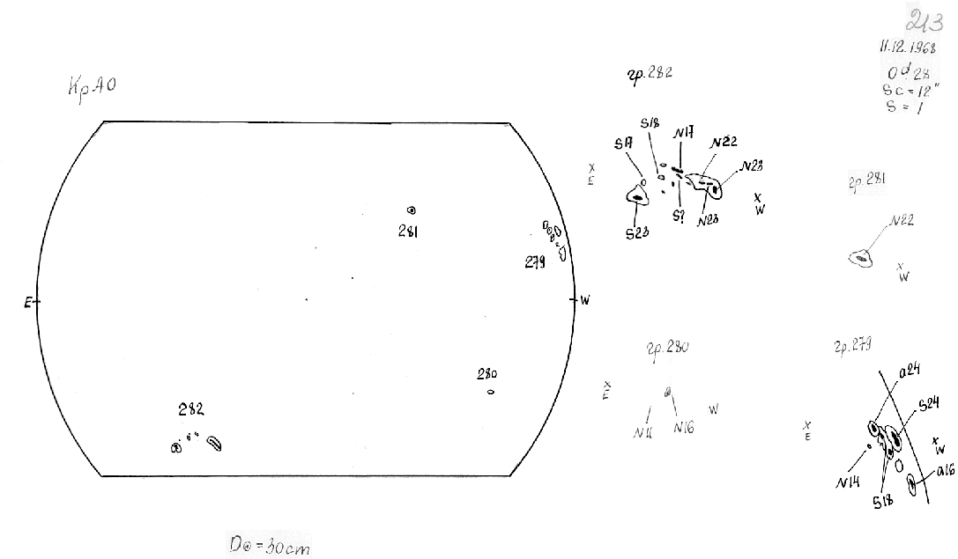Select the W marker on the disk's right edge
pyautogui.click(x=584, y=300)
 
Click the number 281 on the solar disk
pyautogui.click(x=410, y=231)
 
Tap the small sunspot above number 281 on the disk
pyautogui.click(x=411, y=210)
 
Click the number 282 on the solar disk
pyautogui.click(x=191, y=409)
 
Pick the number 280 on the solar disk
pyautogui.click(x=487, y=373)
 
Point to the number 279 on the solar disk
pyautogui.click(x=535, y=261)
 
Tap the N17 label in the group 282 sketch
pyautogui.click(x=680, y=134)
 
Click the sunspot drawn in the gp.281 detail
pyautogui.click(x=860, y=258)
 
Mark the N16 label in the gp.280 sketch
pyautogui.click(x=684, y=428)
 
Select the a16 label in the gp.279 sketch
pyautogui.click(x=945, y=471)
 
